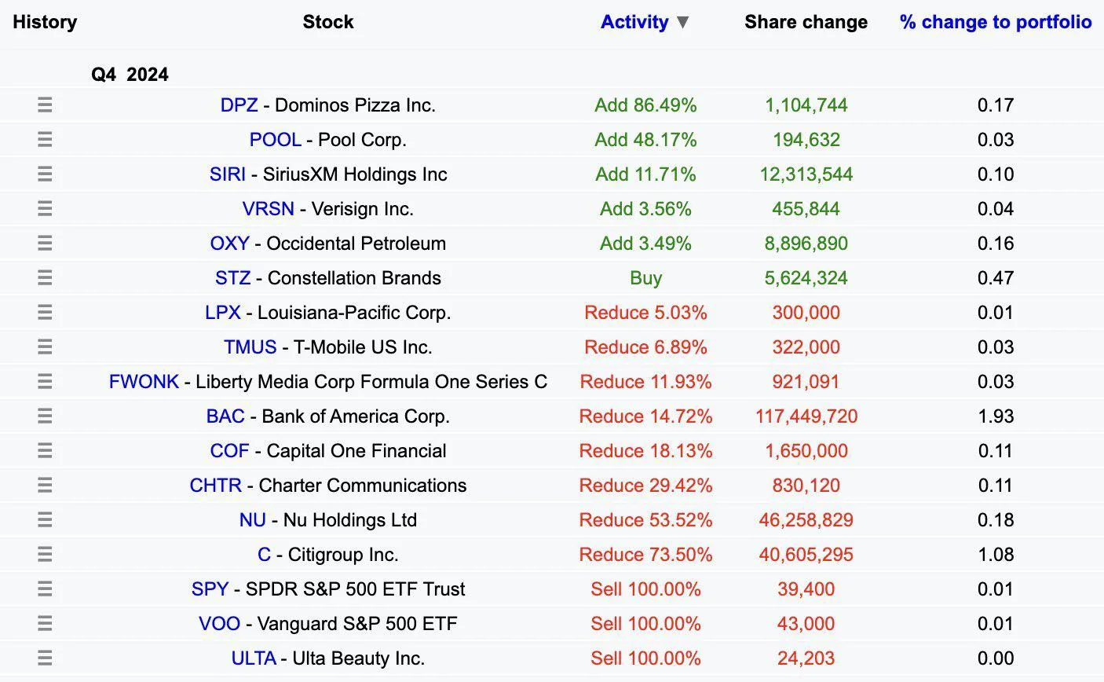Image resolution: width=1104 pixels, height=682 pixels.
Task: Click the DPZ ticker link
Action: click(239, 105)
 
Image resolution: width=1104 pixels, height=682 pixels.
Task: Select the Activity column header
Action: click(634, 22)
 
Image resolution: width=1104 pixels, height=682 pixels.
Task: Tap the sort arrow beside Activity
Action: click(682, 22)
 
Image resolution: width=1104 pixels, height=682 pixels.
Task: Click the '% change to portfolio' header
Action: click(995, 22)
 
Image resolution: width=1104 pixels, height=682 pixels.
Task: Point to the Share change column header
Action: click(806, 22)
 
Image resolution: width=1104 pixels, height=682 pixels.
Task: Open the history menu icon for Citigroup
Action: click(45, 555)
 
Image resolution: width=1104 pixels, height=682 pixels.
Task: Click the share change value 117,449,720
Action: click(806, 416)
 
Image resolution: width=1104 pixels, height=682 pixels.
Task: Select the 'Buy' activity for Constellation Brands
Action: click(645, 278)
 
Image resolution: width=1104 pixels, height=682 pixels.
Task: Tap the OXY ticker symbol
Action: click(229, 244)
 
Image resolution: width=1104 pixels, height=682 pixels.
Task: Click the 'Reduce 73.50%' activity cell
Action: click(645, 555)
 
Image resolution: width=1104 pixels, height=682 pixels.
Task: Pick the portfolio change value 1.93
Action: click(995, 416)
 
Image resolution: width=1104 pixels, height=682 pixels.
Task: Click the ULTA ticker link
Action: click(253, 658)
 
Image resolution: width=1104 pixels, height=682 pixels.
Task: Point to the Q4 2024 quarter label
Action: click(130, 75)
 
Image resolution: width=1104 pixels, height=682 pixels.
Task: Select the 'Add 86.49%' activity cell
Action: click(645, 105)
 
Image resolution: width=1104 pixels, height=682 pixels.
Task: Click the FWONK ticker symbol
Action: click(144, 382)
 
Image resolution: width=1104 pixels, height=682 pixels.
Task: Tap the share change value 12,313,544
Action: click(806, 174)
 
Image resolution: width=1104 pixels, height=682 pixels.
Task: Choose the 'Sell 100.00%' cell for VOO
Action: click(645, 624)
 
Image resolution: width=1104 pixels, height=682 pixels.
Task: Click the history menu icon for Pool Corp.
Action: click(45, 140)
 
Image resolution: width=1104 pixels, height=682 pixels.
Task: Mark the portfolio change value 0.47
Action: click(995, 278)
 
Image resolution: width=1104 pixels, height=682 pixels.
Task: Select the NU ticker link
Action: click(252, 520)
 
